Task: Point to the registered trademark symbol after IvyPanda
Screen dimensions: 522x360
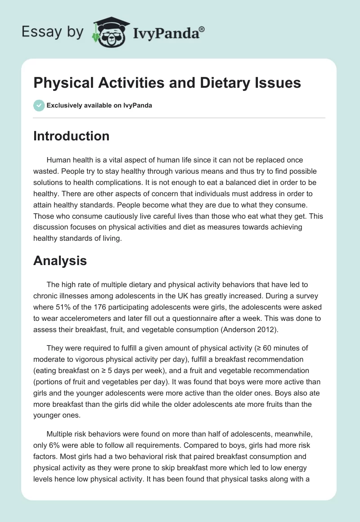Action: pos(202,29)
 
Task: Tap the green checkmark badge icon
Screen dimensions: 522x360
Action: pos(38,105)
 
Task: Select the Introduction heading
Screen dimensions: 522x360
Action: pos(72,136)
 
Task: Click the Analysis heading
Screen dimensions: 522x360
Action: pos(60,260)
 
